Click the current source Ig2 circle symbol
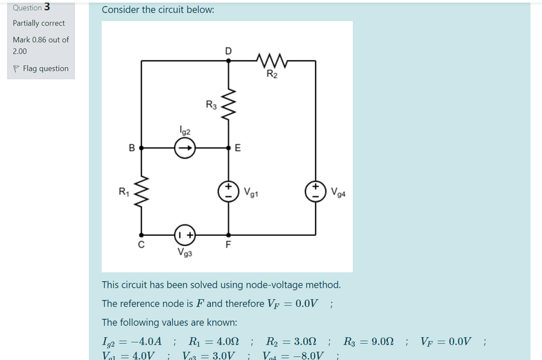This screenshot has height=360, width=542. coord(185,148)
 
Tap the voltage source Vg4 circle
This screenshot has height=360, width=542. coord(316,191)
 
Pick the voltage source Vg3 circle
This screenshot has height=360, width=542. coord(185,234)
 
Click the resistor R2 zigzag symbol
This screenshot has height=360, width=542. coord(272,61)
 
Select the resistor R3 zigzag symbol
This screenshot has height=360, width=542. coord(228,104)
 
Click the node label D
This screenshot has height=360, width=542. coord(228,50)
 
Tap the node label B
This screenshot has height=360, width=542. coord(132,148)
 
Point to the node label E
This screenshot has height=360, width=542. coord(238,148)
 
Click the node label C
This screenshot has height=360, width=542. coord(141,244)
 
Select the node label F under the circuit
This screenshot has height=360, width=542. coord(228,245)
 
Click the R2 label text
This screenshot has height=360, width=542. coord(272,75)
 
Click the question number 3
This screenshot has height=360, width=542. coord(48,8)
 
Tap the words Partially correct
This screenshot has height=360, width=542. coord(39,23)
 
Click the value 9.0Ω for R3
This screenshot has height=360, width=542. coord(382,341)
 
